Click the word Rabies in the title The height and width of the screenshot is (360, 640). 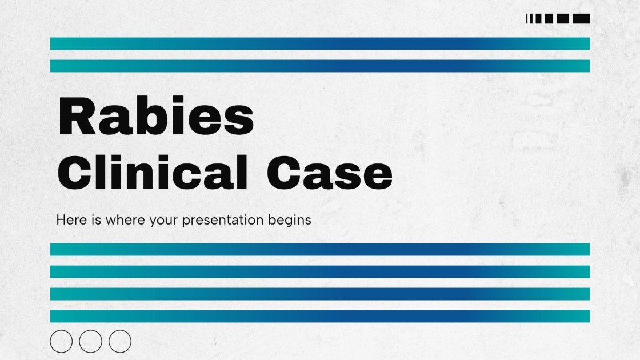click(x=155, y=117)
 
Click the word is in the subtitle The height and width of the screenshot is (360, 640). click(x=96, y=220)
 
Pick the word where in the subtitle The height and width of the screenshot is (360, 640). click(x=125, y=220)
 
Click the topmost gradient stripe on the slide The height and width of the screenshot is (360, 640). click(x=320, y=43)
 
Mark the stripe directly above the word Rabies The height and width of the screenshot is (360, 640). click(x=320, y=66)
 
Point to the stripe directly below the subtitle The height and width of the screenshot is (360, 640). click(x=320, y=249)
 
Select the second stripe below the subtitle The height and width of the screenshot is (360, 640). click(x=320, y=271)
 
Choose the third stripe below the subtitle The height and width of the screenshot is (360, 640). click(x=320, y=294)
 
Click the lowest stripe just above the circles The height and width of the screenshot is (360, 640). click(x=320, y=316)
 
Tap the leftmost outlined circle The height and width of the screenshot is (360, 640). click(x=61, y=341)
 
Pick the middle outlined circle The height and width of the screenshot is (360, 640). click(x=90, y=341)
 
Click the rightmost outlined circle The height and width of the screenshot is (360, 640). click(x=120, y=341)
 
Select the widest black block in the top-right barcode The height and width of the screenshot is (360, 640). click(x=581, y=19)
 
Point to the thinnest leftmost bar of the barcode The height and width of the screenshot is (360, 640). click(x=527, y=19)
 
